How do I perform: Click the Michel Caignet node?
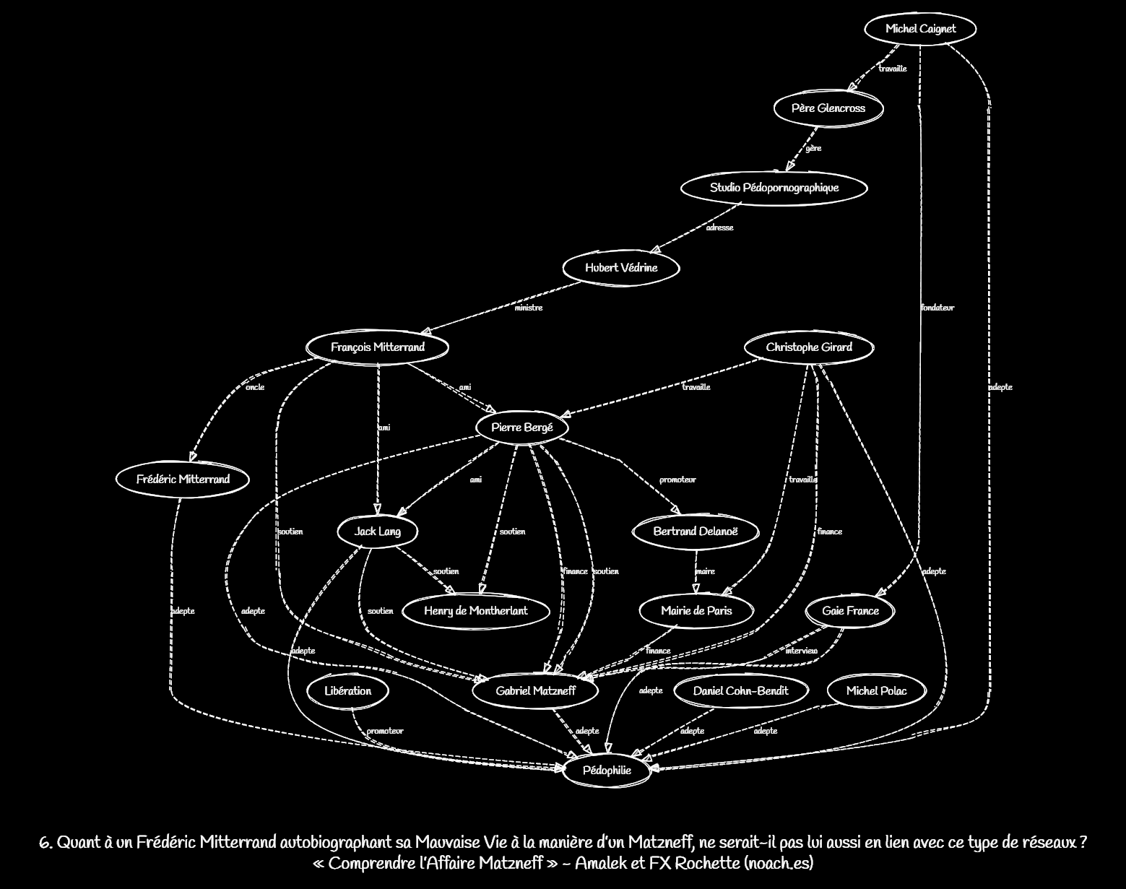pyautogui.click(x=920, y=29)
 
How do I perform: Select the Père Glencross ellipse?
pyautogui.click(x=828, y=108)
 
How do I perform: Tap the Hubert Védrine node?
pyautogui.click(x=621, y=268)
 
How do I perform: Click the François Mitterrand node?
pyautogui.click(x=378, y=347)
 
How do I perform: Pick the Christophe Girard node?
pyautogui.click(x=809, y=347)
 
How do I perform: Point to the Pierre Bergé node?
pyautogui.click(x=521, y=428)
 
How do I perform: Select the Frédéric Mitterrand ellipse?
pyautogui.click(x=183, y=480)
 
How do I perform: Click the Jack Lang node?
pyautogui.click(x=377, y=532)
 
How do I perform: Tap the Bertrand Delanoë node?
pyautogui.click(x=696, y=532)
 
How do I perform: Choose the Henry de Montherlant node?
pyautogui.click(x=475, y=611)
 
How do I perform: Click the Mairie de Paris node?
pyautogui.click(x=696, y=611)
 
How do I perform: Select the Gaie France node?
pyautogui.click(x=850, y=611)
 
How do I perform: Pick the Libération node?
pyautogui.click(x=347, y=691)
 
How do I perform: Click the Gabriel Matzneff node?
pyautogui.click(x=535, y=691)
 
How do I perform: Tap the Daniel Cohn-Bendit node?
pyautogui.click(x=740, y=691)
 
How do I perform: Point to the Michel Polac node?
pyautogui.click(x=876, y=691)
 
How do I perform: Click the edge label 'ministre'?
pyautogui.click(x=528, y=308)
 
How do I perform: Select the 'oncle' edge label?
pyautogui.click(x=255, y=387)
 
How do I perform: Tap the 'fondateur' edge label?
pyautogui.click(x=937, y=308)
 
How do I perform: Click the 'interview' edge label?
pyautogui.click(x=801, y=651)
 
